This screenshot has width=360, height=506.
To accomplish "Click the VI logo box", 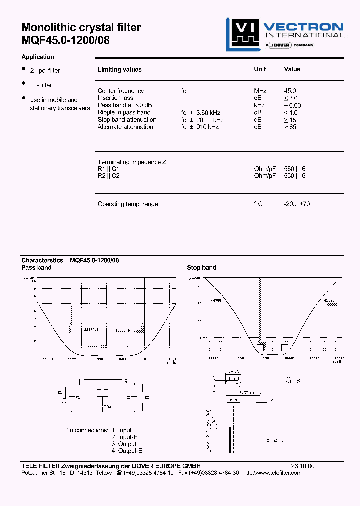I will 242,33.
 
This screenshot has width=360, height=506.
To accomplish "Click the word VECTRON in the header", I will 303,27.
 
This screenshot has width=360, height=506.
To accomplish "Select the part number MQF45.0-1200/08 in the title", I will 65,40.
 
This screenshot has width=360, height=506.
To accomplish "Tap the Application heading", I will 38,57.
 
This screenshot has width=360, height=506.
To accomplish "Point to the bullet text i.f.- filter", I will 41,85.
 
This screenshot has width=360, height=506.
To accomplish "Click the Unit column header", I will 260,69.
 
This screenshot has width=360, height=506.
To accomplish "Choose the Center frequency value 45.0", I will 290,91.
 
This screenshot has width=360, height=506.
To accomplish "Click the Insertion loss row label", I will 115,98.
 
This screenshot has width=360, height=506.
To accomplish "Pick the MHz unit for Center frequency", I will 260,91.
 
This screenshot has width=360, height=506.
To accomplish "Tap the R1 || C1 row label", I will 108,169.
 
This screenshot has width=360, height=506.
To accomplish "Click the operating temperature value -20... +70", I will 297,204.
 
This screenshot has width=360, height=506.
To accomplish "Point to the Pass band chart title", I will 36,268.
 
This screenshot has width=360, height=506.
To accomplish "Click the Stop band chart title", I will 202,268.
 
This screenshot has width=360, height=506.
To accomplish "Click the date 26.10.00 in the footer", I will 303,466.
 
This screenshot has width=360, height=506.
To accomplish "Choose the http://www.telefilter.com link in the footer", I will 272,473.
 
